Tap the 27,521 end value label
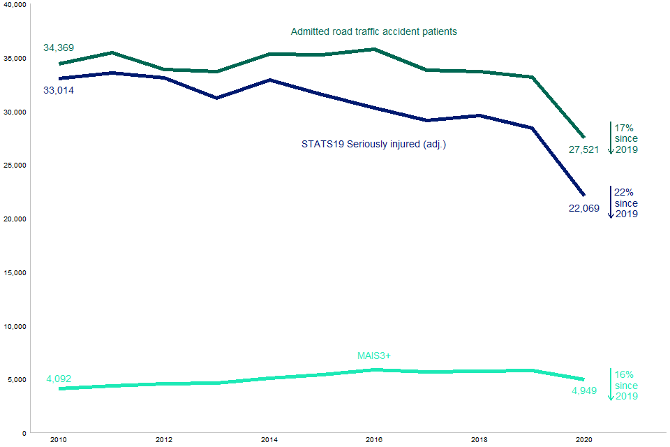pos(584,149)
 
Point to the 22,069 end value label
pos(584,208)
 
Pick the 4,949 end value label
pos(584,390)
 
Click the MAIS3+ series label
pos(374,356)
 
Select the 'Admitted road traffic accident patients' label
pos(373,31)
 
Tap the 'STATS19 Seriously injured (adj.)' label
pos(373,144)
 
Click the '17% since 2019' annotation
pos(626,138)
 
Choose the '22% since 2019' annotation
pos(626,203)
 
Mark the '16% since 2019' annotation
pos(626,386)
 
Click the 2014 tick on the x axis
pos(269,440)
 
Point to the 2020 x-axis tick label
pos(583,440)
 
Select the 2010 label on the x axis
pos(59,440)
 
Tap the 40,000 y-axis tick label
pos(14,5)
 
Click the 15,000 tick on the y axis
pos(14,272)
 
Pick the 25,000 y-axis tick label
pos(14,166)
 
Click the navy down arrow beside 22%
pos(611,203)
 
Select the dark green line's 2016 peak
pos(374,49)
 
